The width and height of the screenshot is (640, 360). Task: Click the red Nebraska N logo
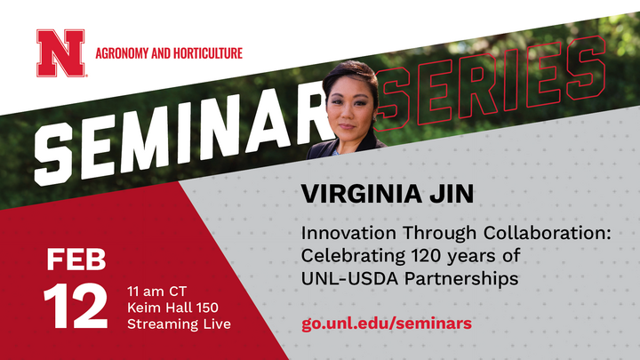(x=60, y=52)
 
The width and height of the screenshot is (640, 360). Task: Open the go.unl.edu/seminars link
(x=387, y=323)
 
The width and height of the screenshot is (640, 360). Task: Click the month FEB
(x=76, y=260)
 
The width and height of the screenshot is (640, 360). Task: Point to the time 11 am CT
(x=157, y=290)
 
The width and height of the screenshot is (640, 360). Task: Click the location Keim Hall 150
(x=172, y=307)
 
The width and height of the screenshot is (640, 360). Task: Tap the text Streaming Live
(x=179, y=324)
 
